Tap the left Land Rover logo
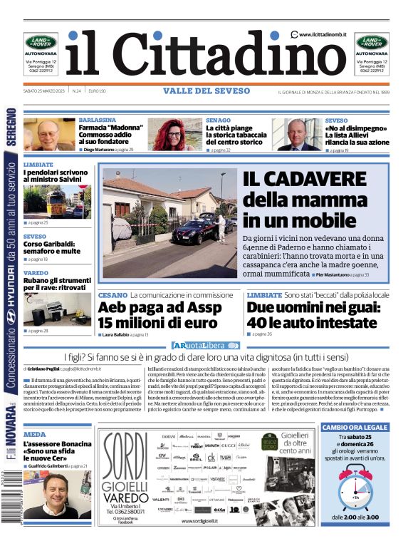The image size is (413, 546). pyautogui.click(x=41, y=42)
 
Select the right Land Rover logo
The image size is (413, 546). pyautogui.click(x=372, y=42)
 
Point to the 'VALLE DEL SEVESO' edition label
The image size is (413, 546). pyautogui.click(x=206, y=91)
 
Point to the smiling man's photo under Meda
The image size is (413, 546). pyautogui.click(x=54, y=497)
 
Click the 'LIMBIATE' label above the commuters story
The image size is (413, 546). pyautogui.click(x=38, y=164)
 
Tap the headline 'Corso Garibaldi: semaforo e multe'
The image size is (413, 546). pyautogui.click(x=51, y=247)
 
